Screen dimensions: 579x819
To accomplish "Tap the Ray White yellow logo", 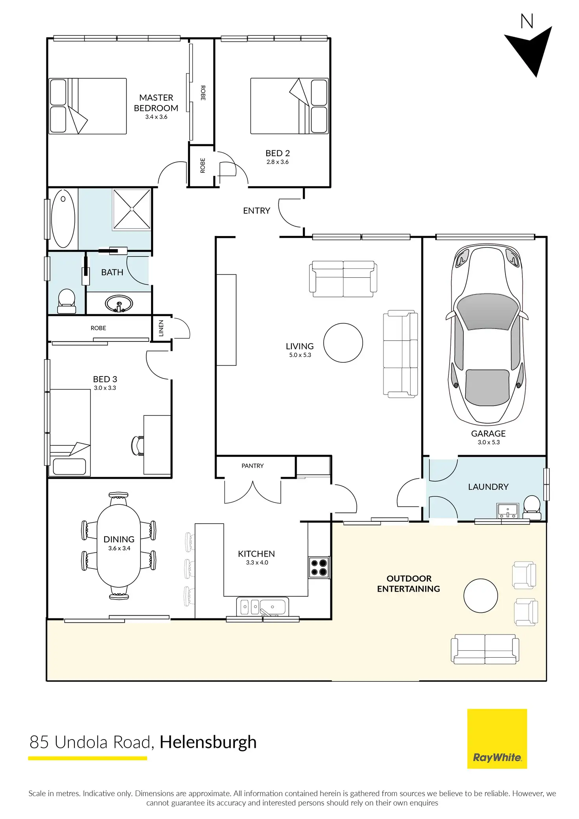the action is [x=497, y=738].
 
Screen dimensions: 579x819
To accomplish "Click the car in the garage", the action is [x=487, y=335].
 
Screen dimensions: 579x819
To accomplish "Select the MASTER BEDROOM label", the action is [x=156, y=103].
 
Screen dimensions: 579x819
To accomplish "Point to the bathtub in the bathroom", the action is [x=63, y=219].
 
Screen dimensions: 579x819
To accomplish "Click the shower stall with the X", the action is [x=132, y=209].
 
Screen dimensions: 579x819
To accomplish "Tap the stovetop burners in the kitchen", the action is [x=319, y=567].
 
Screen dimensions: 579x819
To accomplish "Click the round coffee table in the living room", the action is [x=343, y=343].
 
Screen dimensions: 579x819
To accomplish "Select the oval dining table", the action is [x=119, y=546].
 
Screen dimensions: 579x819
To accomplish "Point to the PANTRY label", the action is [x=253, y=466].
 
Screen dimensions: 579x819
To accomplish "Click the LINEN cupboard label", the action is [x=161, y=328].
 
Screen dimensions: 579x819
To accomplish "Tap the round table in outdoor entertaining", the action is [x=481, y=596].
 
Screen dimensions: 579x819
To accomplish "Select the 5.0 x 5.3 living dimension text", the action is [x=300, y=355].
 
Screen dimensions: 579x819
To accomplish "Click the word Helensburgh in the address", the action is [x=208, y=742].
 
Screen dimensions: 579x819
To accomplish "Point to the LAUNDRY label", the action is [x=488, y=487].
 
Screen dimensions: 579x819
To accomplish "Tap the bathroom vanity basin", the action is [x=119, y=304].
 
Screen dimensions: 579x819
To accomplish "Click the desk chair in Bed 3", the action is [x=137, y=445].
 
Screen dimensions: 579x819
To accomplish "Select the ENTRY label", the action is [x=256, y=211].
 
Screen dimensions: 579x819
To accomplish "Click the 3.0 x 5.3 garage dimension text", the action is [x=489, y=442].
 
